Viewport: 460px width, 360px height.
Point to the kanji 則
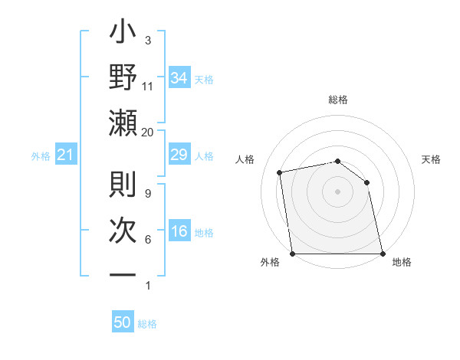pyautogui.click(x=123, y=186)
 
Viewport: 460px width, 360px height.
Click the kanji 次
pyautogui.click(x=123, y=231)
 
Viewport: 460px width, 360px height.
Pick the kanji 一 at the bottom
pyautogui.click(x=123, y=273)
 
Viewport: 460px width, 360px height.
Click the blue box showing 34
pyautogui.click(x=179, y=78)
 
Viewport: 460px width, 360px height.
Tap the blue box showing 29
pyautogui.click(x=179, y=155)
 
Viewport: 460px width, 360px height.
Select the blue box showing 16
pyautogui.click(x=179, y=231)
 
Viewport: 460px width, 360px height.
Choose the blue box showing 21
pyautogui.click(x=65, y=155)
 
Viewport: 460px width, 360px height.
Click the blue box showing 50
pyautogui.click(x=123, y=322)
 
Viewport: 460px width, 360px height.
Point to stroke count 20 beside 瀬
pyautogui.click(x=147, y=132)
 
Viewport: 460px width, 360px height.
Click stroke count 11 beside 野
pyautogui.click(x=147, y=87)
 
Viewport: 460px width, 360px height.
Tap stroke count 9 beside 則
pyautogui.click(x=147, y=193)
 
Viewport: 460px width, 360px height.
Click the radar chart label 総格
pyautogui.click(x=338, y=100)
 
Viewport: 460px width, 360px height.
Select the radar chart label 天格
pyautogui.click(x=431, y=159)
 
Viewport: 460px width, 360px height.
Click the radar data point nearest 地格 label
pyautogui.click(x=382, y=253)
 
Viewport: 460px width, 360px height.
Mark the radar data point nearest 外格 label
pyautogui.click(x=292, y=253)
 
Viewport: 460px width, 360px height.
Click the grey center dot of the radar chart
pyautogui.click(x=337, y=191)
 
